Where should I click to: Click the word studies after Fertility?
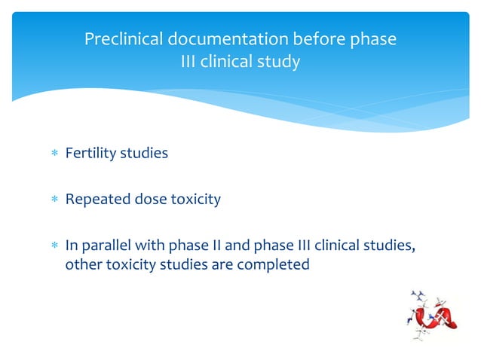tap(144, 154)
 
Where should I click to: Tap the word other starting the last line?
tap(82, 265)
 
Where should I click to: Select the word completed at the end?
tap(276, 265)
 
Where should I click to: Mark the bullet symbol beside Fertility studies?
tap(54, 154)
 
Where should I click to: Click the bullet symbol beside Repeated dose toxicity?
tap(54, 200)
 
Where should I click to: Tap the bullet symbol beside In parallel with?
tap(54, 246)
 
